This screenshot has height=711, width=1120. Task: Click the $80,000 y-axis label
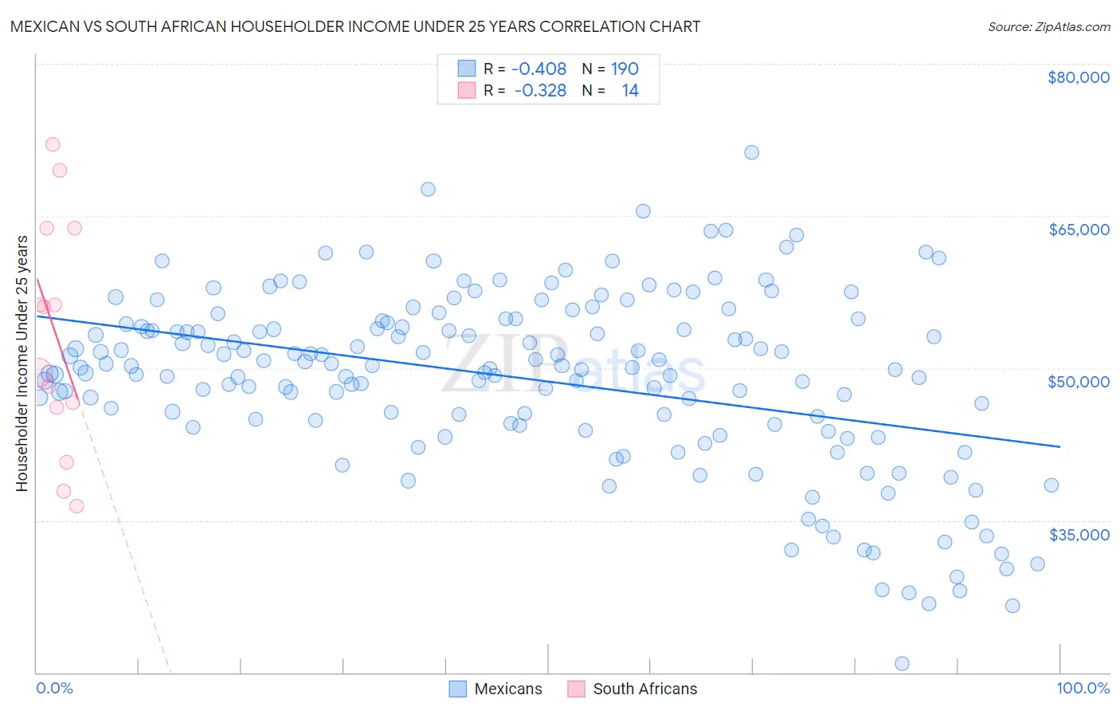pyautogui.click(x=1079, y=77)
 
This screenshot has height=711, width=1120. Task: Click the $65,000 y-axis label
pyautogui.click(x=1079, y=230)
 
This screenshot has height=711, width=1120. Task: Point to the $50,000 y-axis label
pyautogui.click(x=1079, y=382)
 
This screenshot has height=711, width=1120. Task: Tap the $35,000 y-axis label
pyautogui.click(x=1079, y=535)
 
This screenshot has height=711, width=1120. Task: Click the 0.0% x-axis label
pyautogui.click(x=54, y=688)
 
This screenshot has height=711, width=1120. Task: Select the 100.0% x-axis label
pyautogui.click(x=1083, y=688)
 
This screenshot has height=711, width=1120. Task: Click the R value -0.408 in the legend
pyautogui.click(x=538, y=69)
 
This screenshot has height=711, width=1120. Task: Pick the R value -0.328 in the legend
pyautogui.click(x=540, y=90)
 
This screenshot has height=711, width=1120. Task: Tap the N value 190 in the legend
pyautogui.click(x=625, y=69)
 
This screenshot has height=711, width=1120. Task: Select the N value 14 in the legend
pyautogui.click(x=629, y=90)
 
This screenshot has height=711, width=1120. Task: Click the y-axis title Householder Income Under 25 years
pyautogui.click(x=22, y=363)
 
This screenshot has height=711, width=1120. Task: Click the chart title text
pyautogui.click(x=355, y=26)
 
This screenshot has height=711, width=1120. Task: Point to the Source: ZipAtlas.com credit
pyautogui.click(x=1048, y=26)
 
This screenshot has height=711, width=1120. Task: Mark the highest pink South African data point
pyautogui.click(x=53, y=144)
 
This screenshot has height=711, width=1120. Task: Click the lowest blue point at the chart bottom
pyautogui.click(x=902, y=663)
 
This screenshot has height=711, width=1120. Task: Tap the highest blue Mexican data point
pyautogui.click(x=751, y=152)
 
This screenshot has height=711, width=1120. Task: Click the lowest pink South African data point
pyautogui.click(x=76, y=506)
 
